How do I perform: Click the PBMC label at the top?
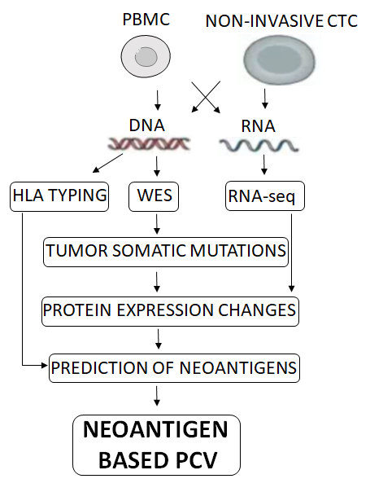(x=146, y=19)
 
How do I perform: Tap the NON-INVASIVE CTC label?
(x=281, y=21)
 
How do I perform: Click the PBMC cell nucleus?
(x=146, y=57)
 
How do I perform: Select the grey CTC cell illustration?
(x=279, y=59)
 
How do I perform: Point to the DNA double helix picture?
(x=149, y=144)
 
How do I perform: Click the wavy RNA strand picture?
(x=259, y=146)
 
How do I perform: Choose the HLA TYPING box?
(x=59, y=196)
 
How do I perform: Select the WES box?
(x=154, y=196)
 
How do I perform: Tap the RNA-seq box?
(x=265, y=195)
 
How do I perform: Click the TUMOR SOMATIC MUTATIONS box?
(x=166, y=252)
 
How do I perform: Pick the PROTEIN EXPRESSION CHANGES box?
(x=170, y=311)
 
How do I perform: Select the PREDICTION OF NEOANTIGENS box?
(x=174, y=368)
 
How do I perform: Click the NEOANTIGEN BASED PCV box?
(x=157, y=445)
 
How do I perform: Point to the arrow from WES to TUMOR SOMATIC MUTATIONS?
(x=157, y=224)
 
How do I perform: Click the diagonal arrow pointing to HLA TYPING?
(x=108, y=163)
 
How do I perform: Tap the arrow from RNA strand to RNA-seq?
(x=264, y=165)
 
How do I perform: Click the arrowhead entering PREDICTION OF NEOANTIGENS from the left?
(x=44, y=365)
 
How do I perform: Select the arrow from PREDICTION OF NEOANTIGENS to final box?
(x=157, y=396)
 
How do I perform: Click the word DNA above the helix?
(x=147, y=125)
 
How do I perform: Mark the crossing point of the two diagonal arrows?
(x=206, y=97)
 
